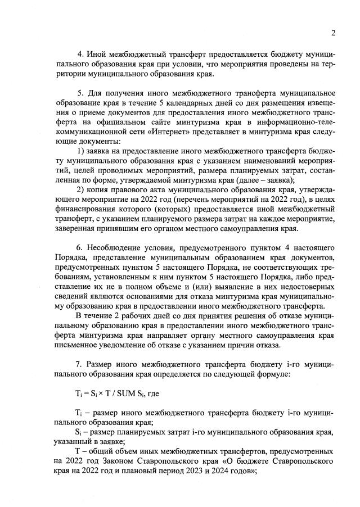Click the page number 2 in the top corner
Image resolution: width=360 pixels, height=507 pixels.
333,33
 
